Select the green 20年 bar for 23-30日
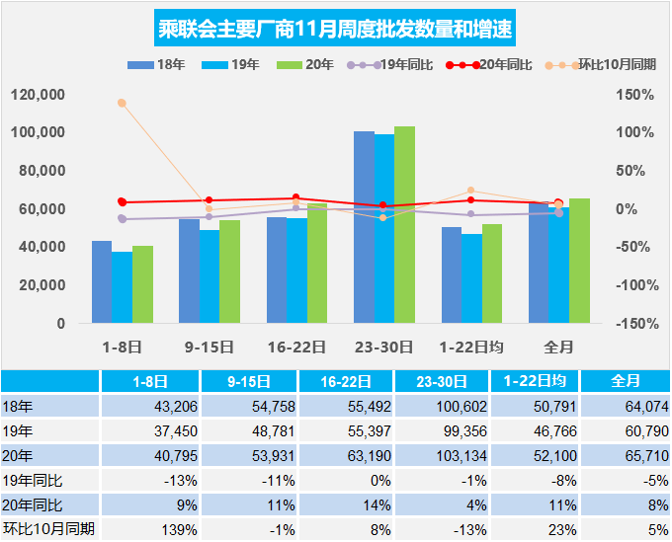pos(404,224)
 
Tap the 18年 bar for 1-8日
pos(101,281)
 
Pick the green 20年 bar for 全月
pos(579,260)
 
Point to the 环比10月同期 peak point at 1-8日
pos(122,103)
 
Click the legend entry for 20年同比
pos(488,65)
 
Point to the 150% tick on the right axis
pos(636,95)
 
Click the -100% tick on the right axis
pos(634,285)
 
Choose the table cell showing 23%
pos(535,529)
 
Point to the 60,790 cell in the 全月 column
pos(627,431)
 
